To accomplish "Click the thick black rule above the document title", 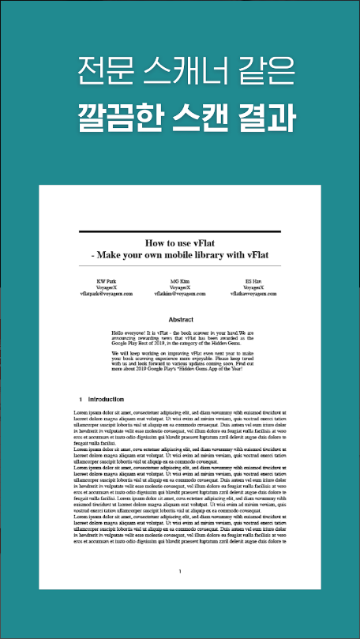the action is pos(180,231).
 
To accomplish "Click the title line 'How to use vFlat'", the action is pos(181,243).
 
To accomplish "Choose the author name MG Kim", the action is pos(180,281).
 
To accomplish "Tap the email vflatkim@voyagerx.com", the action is pos(180,293).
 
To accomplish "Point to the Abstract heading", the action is pos(180,320).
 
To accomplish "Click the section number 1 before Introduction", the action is pos(81,400).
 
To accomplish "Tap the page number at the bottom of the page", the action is pos(180,571).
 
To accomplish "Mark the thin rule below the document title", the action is pos(180,265).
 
